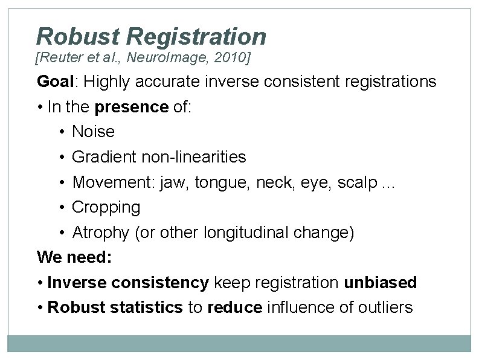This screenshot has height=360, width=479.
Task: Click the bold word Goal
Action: tap(56, 82)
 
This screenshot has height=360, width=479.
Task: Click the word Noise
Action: tap(93, 132)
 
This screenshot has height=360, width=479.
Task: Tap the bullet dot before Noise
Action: tap(63, 132)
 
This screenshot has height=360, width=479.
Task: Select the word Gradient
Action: tap(103, 157)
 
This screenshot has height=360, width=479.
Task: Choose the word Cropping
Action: tap(106, 208)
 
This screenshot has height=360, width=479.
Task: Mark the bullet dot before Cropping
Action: tap(63, 208)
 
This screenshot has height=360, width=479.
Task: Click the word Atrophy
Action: tap(101, 233)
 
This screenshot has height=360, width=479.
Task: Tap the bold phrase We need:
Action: tap(74, 257)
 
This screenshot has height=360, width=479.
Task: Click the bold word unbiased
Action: tap(381, 283)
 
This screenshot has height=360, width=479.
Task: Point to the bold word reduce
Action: tap(235, 307)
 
